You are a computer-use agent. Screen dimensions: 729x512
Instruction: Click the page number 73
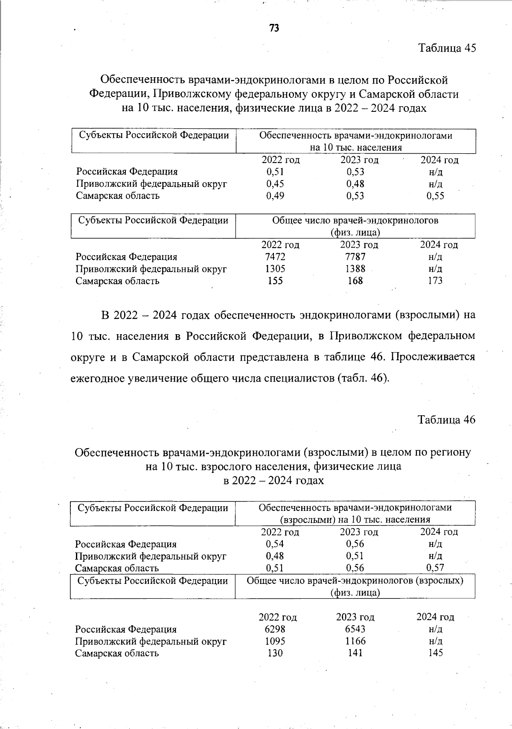click(x=274, y=28)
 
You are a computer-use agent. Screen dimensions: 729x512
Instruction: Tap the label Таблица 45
click(x=447, y=48)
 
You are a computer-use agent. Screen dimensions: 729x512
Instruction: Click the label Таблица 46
click(x=446, y=420)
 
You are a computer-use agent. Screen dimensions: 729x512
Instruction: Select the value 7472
click(x=275, y=257)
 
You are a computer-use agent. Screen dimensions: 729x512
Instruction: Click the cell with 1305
click(x=275, y=269)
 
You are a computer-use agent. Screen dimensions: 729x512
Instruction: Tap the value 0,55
click(x=435, y=196)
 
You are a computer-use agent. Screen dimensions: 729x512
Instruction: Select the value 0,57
click(x=435, y=568)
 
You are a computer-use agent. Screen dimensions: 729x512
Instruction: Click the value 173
click(x=435, y=281)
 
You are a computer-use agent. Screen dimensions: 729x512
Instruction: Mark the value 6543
click(x=355, y=629)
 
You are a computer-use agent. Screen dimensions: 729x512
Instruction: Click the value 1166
click(x=355, y=641)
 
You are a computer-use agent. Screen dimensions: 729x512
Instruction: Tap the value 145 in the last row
click(x=435, y=653)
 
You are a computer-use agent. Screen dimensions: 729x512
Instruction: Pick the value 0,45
click(x=275, y=184)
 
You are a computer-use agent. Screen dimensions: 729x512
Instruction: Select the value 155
click(x=275, y=281)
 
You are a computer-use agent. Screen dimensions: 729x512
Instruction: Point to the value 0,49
click(x=275, y=196)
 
